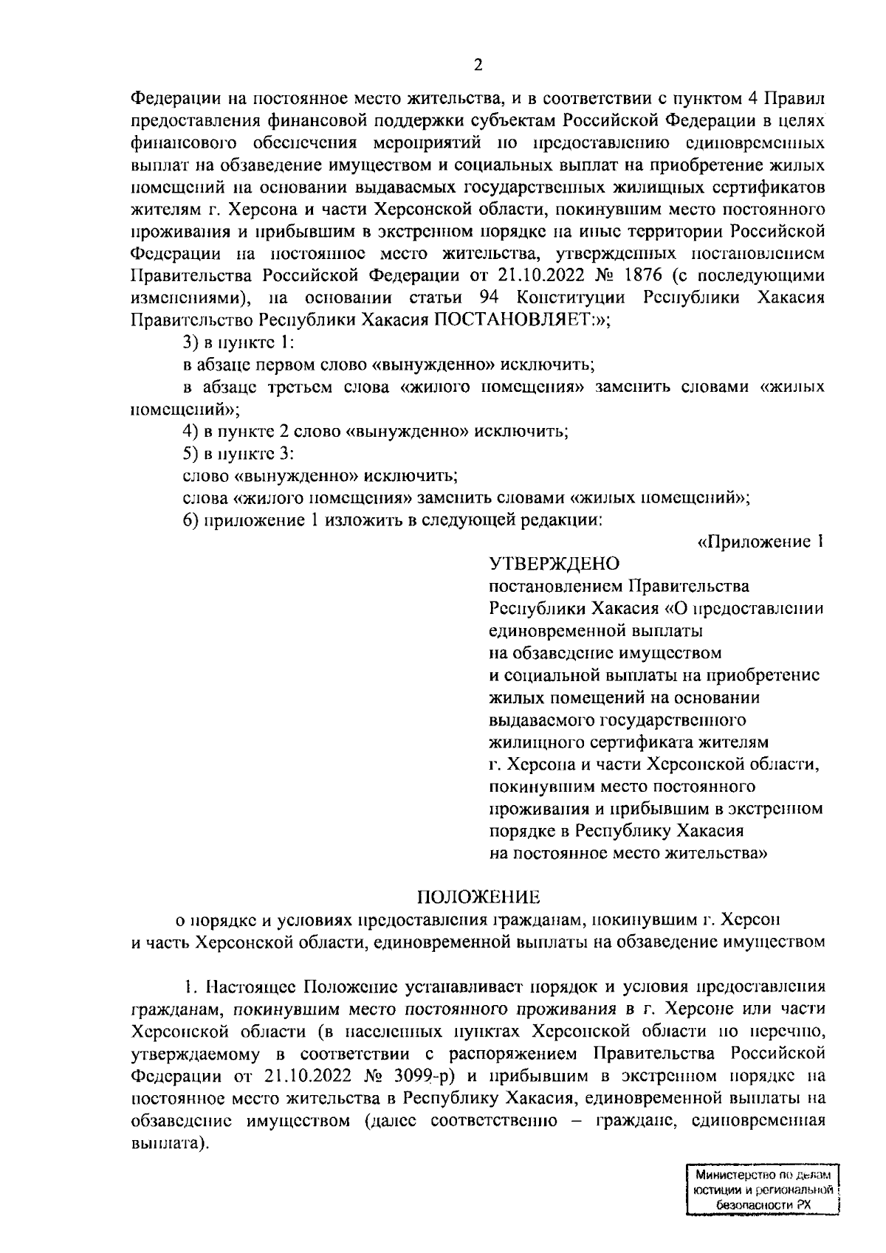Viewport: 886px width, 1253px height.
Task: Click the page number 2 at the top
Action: pos(478,65)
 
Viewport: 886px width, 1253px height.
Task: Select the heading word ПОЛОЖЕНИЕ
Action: pos(478,897)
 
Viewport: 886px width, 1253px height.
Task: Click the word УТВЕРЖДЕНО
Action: pos(554,565)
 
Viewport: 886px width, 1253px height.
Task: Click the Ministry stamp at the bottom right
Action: pos(764,1190)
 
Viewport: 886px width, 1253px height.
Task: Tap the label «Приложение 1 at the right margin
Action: pos(760,542)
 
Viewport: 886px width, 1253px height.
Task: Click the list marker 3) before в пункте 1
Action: pos(192,343)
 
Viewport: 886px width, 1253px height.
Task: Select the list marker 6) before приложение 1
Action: pos(192,520)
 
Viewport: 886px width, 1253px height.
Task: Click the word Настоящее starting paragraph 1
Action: pos(252,987)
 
